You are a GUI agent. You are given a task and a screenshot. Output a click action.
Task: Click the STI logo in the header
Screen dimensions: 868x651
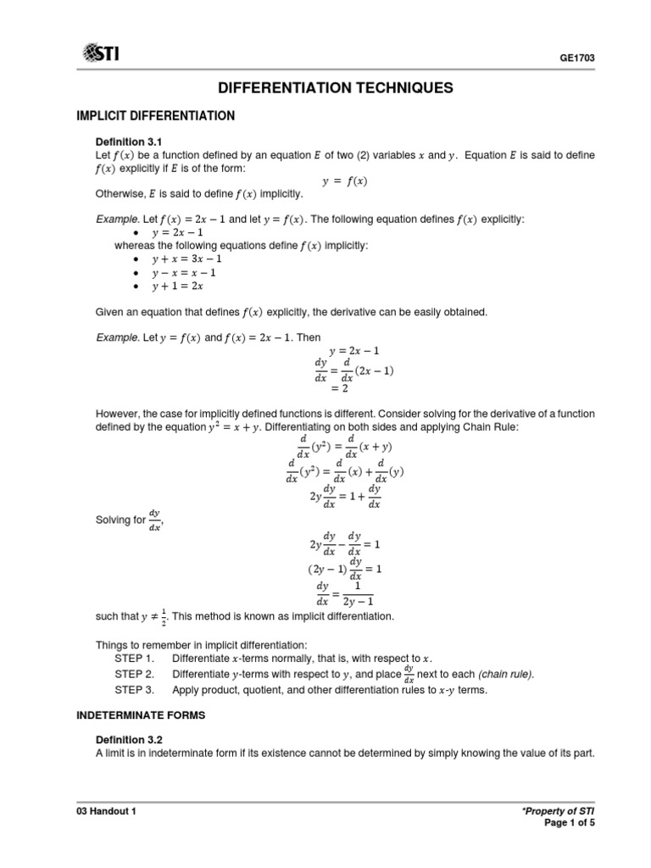tap(100, 54)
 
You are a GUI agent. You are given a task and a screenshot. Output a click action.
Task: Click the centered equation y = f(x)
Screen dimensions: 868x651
tap(345, 181)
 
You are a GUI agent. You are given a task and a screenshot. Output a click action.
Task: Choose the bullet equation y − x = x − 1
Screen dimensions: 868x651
tap(184, 272)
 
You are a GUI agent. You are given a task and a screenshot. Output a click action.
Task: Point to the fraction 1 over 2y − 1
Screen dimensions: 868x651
tap(357, 593)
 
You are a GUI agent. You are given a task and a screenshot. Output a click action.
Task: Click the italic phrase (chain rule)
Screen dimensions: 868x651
tap(507, 674)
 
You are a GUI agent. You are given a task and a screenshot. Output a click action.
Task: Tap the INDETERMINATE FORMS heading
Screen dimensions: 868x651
tap(136, 716)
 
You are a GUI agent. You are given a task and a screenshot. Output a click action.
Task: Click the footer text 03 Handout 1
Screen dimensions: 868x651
tap(107, 811)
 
